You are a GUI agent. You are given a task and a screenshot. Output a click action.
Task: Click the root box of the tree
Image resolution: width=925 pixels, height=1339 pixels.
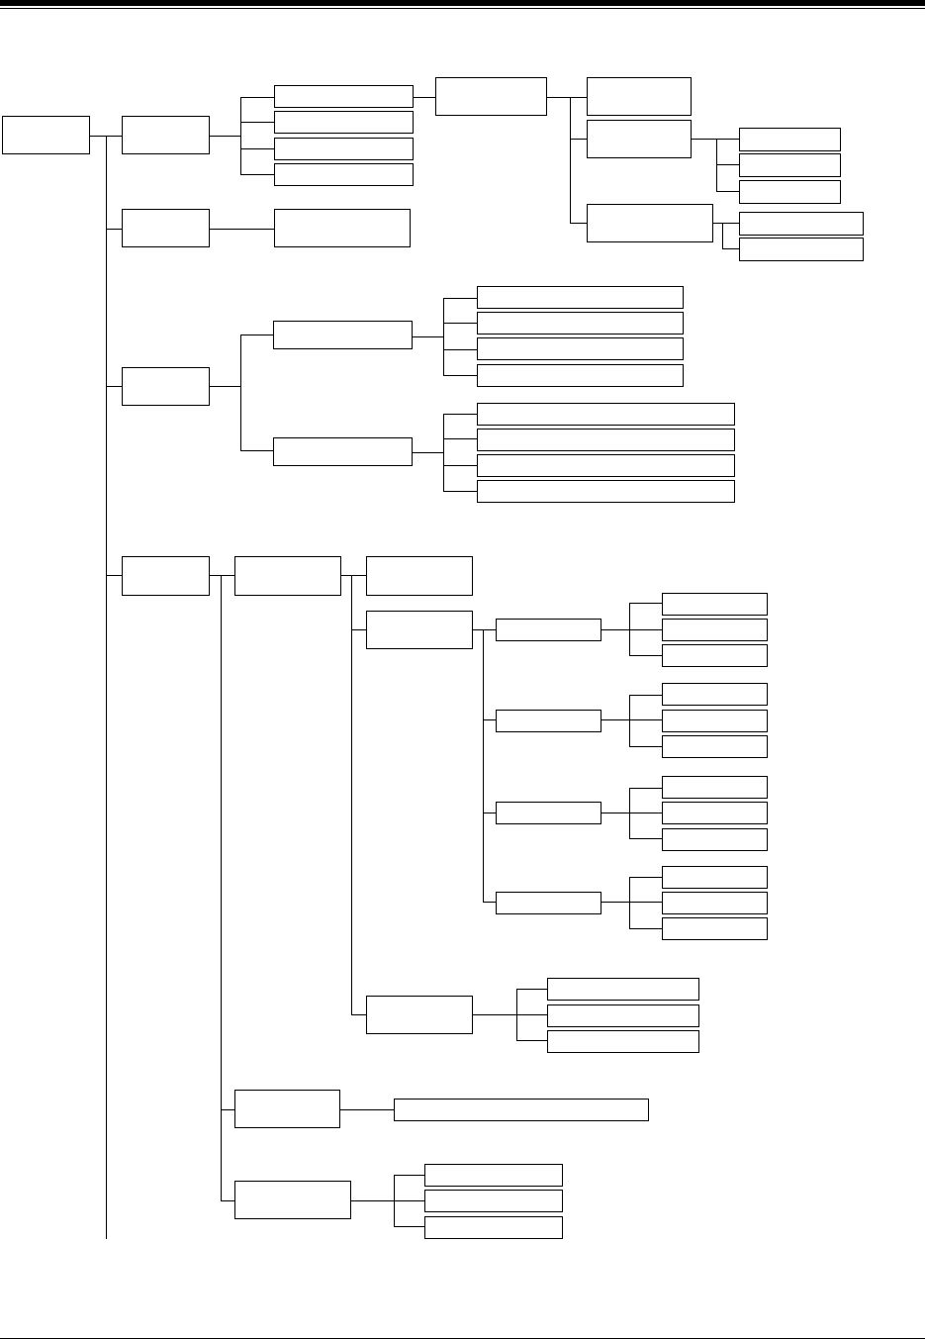(x=46, y=135)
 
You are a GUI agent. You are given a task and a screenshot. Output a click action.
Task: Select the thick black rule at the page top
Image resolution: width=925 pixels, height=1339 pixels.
(x=462, y=4)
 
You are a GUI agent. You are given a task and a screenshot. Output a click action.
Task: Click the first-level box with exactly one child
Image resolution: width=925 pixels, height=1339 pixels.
(x=165, y=228)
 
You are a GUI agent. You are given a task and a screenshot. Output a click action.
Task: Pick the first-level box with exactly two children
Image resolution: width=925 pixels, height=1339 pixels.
(x=165, y=385)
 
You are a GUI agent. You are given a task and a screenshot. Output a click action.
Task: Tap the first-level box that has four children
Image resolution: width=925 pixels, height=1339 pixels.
(x=165, y=135)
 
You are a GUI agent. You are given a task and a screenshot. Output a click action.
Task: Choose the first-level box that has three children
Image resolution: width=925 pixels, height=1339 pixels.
(x=165, y=576)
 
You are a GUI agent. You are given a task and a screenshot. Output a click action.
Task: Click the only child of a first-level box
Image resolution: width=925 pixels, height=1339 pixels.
(x=341, y=228)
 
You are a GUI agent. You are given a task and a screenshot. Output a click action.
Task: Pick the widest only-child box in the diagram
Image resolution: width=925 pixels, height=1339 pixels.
(x=520, y=1109)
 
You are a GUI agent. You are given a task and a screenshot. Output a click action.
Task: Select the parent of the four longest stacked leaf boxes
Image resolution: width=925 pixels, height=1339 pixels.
(x=342, y=451)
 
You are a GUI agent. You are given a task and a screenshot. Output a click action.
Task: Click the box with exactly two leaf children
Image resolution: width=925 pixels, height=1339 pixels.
(x=649, y=223)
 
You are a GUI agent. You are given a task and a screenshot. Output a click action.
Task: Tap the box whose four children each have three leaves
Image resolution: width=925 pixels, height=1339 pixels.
(x=418, y=629)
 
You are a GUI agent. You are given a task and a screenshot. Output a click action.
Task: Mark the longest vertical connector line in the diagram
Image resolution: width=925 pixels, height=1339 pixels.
(x=105, y=693)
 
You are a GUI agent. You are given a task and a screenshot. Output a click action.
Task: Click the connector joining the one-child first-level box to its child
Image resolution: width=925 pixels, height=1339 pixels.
(x=241, y=228)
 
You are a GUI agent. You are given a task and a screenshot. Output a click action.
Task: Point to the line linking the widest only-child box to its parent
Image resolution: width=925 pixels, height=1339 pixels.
(x=367, y=1109)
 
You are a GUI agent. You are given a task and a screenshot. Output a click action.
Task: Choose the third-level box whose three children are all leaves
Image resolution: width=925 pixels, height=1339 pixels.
(x=418, y=1014)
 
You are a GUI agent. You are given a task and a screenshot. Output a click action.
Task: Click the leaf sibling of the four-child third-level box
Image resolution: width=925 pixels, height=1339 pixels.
(x=418, y=576)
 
